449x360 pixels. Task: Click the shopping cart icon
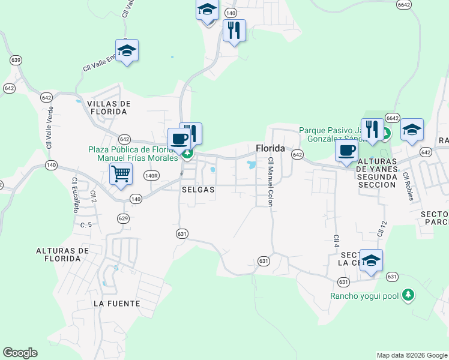coord(121,174)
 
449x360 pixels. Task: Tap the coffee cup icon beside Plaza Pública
coord(179,139)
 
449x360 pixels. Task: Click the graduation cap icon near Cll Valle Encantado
coord(127,50)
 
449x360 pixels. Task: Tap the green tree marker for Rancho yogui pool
coord(408,295)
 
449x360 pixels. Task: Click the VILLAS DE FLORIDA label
coord(109,107)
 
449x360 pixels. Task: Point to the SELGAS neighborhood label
coord(197,189)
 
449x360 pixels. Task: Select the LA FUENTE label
coord(116,304)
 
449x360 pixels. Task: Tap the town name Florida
coord(270,148)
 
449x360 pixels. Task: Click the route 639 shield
coord(16,60)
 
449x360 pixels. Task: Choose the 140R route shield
coord(151,175)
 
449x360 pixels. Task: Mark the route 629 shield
coord(124,218)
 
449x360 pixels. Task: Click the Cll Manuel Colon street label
coord(270,182)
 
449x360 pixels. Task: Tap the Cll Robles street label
coord(409,187)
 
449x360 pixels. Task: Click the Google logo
coord(20,353)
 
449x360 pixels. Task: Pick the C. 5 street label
coord(86,225)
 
